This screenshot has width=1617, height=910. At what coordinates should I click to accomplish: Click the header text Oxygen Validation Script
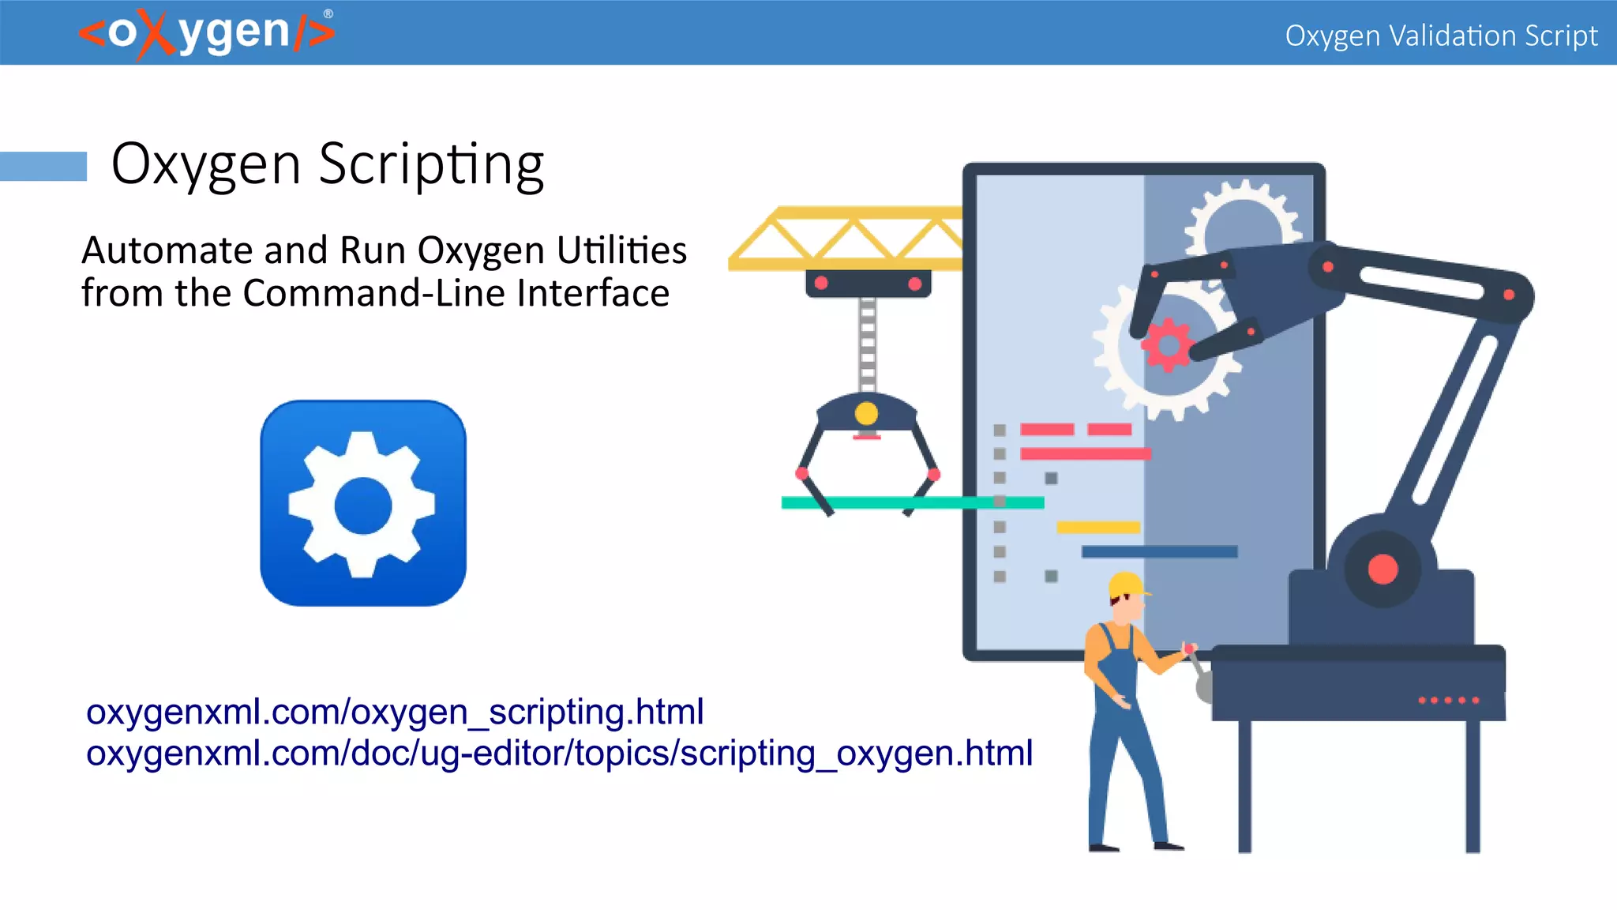1441,36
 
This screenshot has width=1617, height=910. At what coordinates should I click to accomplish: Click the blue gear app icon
363,503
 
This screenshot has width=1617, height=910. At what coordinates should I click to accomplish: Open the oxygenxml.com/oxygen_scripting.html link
395,712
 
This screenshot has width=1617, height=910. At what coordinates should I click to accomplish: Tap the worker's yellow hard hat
1127,585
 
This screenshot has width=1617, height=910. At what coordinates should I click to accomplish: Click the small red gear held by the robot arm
1165,344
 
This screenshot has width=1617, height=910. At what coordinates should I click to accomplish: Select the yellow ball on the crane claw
866,413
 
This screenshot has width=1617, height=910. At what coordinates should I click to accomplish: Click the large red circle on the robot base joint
1383,569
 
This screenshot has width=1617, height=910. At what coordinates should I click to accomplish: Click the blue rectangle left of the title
43,166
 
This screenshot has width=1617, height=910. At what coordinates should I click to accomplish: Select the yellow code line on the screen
1098,527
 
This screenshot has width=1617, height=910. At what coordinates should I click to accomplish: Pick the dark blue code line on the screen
1159,551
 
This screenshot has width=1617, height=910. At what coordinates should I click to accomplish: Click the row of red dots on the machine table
1448,700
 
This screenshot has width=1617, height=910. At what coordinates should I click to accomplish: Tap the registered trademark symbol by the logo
328,13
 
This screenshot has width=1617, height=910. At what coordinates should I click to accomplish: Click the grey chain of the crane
868,344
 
